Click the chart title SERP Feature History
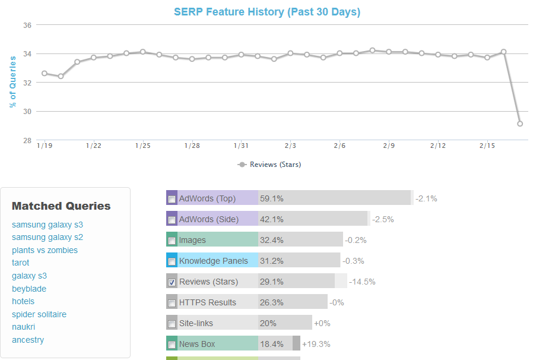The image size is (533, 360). coord(267,12)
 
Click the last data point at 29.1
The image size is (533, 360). coord(520,124)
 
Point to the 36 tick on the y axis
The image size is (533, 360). coord(27,25)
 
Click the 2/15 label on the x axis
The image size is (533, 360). coord(487,146)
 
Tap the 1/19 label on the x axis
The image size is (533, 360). coord(44,146)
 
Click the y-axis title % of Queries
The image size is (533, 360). coord(13,82)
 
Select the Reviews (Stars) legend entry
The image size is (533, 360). coord(270,165)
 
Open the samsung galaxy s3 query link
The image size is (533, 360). coord(47,225)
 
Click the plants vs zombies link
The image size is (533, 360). coord(45,250)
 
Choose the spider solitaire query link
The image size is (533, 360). coord(39,314)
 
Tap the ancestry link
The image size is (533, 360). coord(28,340)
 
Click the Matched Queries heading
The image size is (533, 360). coord(61,206)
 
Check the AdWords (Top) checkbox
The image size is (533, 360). coord(172,199)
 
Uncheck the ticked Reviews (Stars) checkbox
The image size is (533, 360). coord(172,282)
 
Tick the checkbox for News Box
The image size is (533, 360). coord(172,345)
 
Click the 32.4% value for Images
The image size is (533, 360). coord(272,240)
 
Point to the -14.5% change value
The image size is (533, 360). coord(362,282)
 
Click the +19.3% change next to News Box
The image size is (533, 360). coord(316,344)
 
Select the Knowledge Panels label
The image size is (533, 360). coord(214,261)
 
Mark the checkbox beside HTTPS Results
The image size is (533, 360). coord(172,303)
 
